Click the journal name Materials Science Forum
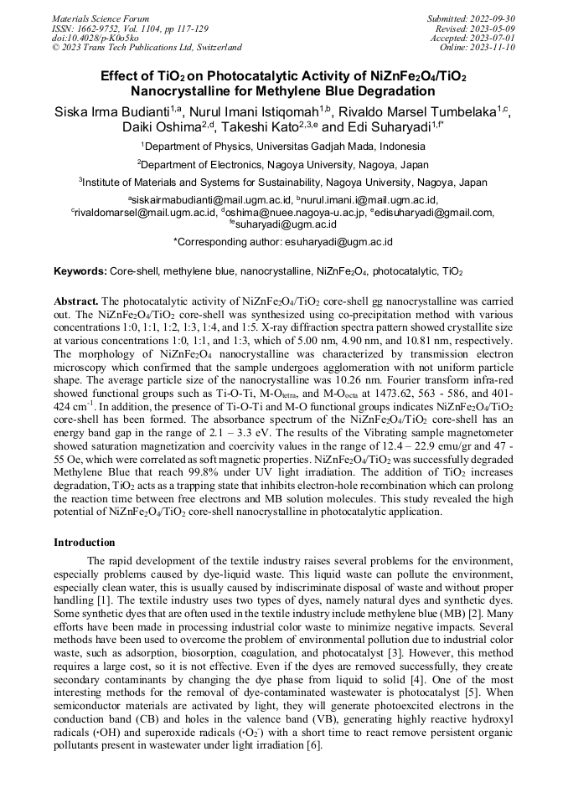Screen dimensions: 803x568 pyautogui.click(x=101, y=18)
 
